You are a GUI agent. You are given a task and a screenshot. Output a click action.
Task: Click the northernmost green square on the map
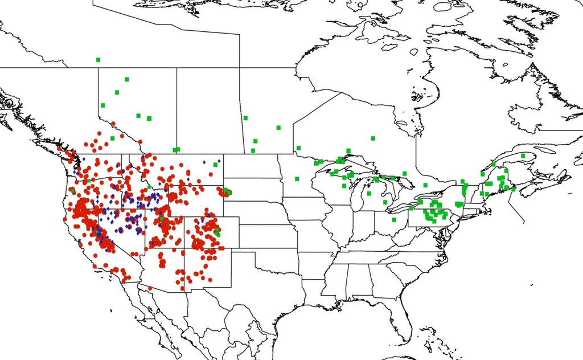click(x=98, y=60)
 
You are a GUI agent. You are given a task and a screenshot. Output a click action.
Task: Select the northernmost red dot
click(x=113, y=124)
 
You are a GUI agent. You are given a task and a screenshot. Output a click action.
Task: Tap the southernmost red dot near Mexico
click(x=150, y=288)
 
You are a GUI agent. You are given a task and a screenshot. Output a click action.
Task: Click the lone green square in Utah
click(x=161, y=218)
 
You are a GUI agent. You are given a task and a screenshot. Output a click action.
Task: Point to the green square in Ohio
click(x=394, y=219)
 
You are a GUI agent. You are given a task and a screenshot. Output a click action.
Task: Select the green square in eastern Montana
click(x=215, y=165)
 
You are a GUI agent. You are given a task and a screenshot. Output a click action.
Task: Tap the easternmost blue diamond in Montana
click(x=219, y=161)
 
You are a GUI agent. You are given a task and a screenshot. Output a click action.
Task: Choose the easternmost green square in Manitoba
click(x=278, y=128)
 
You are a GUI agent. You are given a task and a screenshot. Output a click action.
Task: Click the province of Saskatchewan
click(x=208, y=108)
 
